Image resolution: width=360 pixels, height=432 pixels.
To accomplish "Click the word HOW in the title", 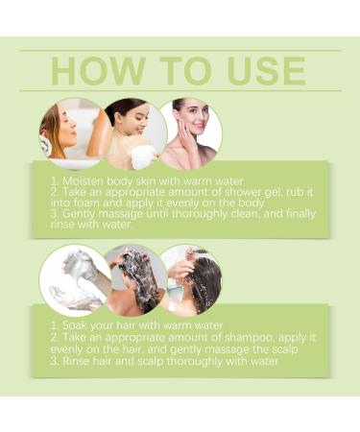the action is click(97, 71).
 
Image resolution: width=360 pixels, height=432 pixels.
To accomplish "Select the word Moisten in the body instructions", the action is click(83, 181).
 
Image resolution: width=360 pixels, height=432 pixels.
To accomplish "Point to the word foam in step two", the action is click(84, 203).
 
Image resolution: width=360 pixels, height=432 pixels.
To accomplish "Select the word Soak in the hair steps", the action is click(75, 325).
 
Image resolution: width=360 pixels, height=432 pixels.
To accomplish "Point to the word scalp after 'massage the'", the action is click(284, 349).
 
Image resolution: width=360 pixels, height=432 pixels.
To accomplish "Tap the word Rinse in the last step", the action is click(75, 361).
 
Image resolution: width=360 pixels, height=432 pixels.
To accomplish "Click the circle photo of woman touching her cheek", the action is click(191, 134).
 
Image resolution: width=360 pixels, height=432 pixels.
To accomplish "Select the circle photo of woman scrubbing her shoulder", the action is click(135, 134).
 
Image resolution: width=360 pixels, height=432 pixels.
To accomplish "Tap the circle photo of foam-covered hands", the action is click(76, 281).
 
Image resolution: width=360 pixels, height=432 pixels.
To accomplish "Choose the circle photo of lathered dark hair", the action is click(135, 281).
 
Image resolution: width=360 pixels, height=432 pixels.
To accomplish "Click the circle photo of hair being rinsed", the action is click(191, 281).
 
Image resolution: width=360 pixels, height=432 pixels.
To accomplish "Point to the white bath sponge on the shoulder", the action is click(144, 156).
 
